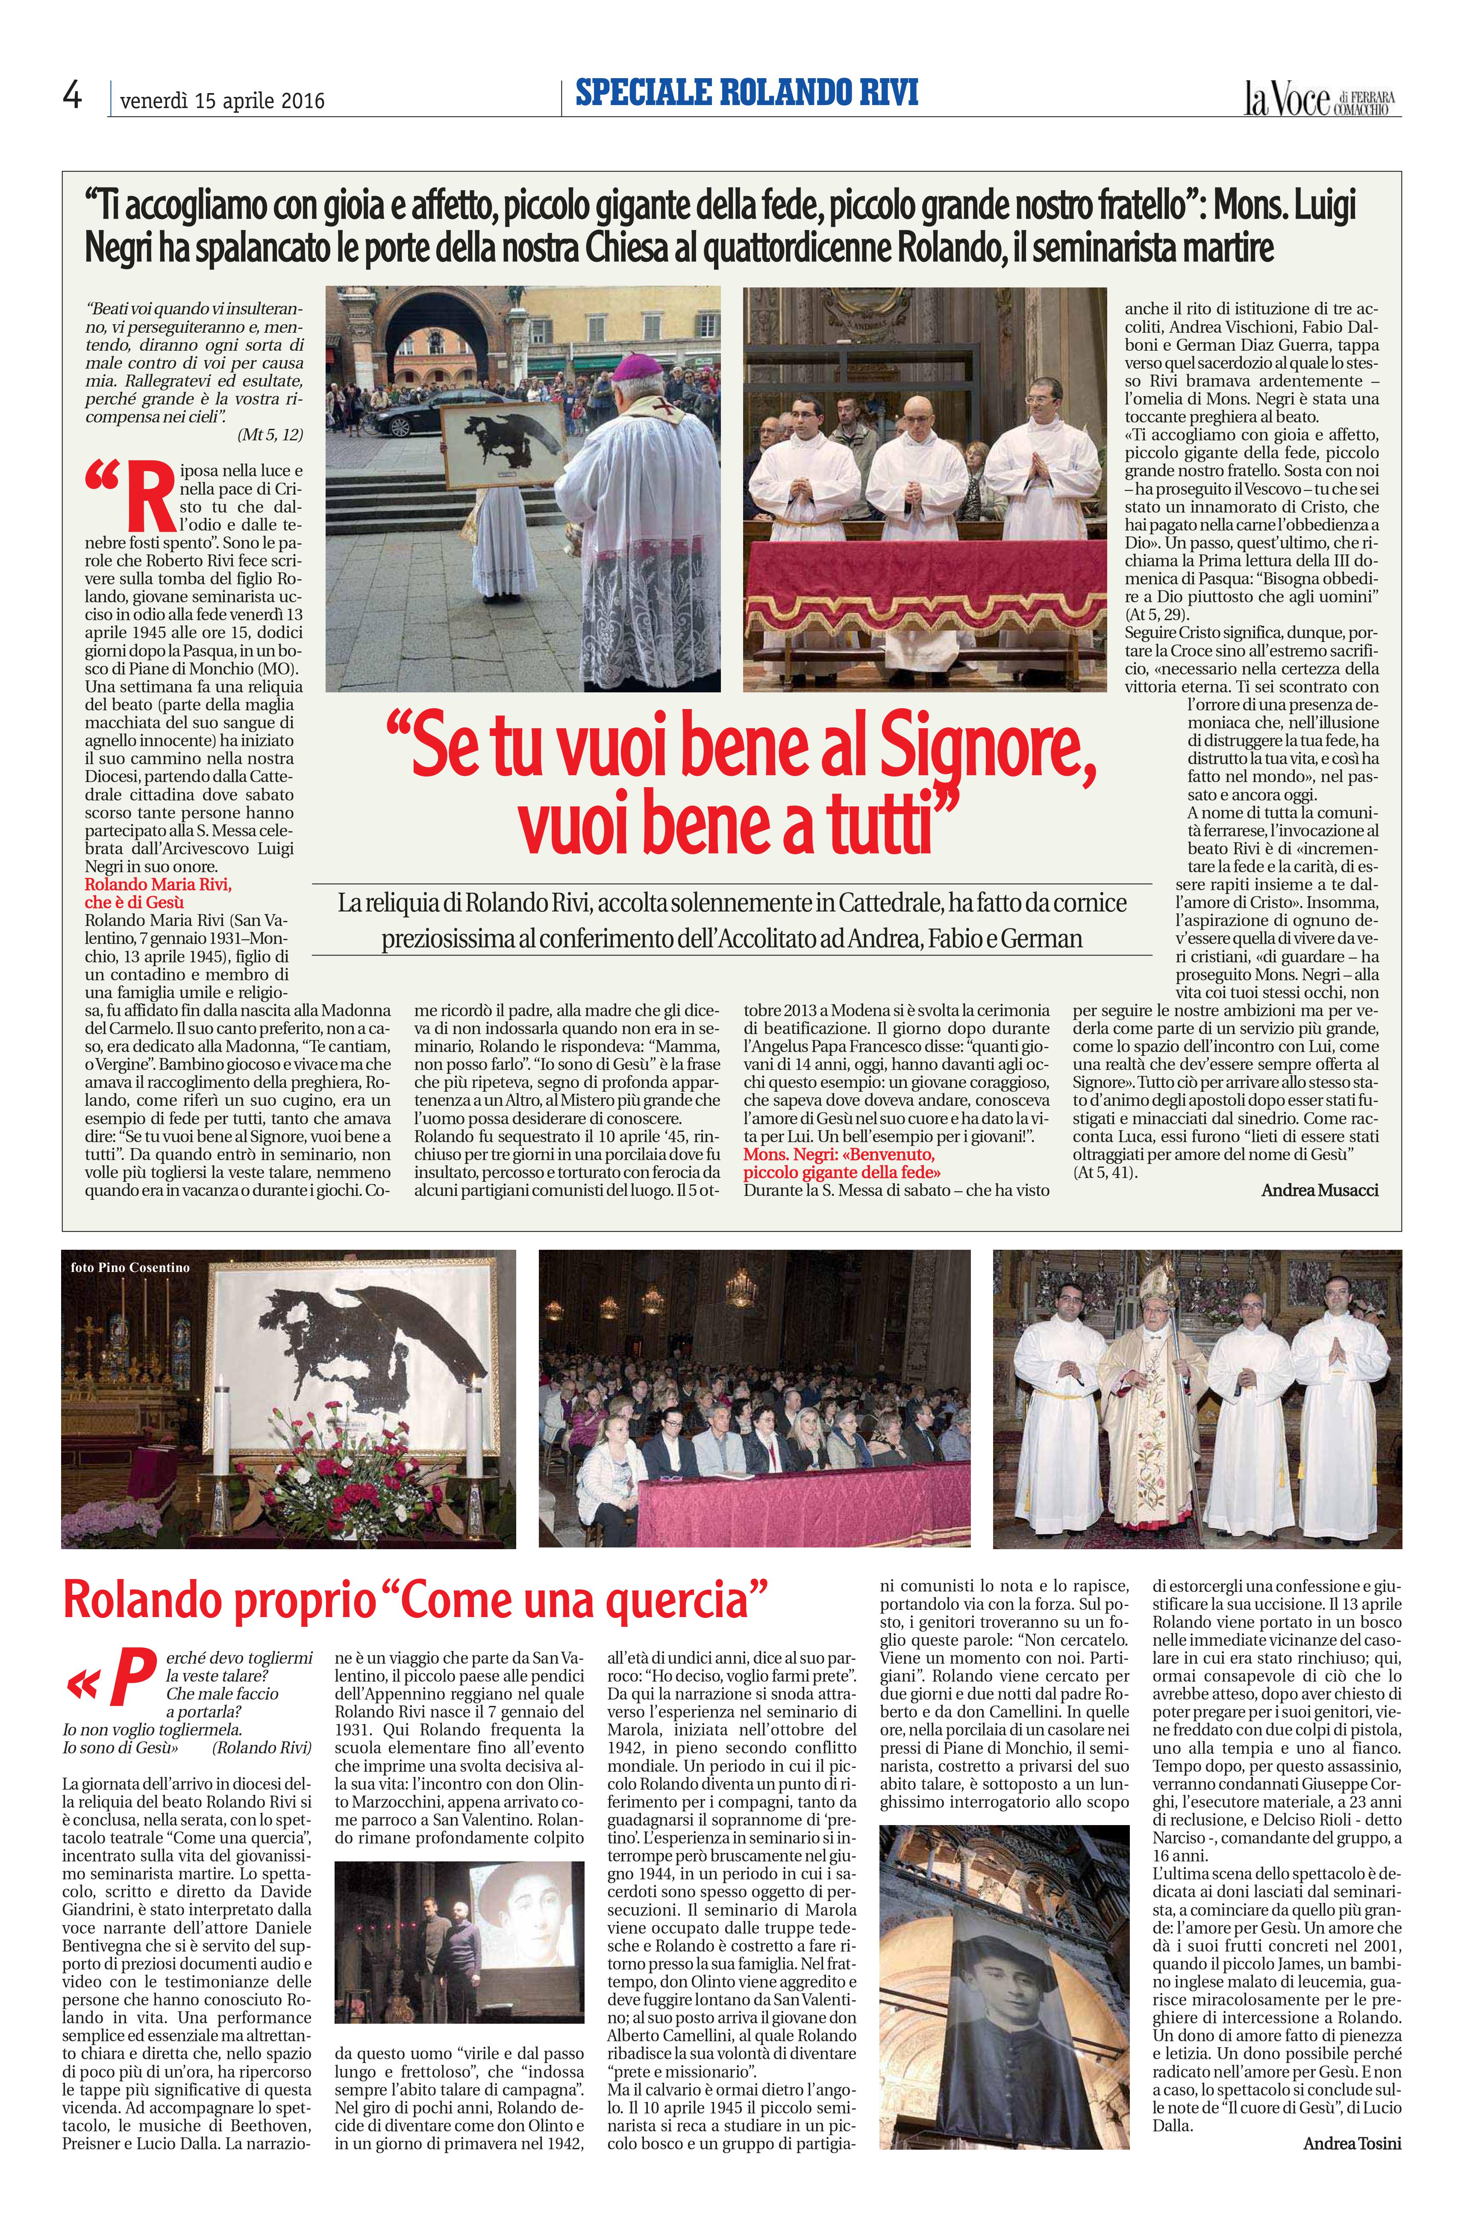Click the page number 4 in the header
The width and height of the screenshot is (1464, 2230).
(72, 97)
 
